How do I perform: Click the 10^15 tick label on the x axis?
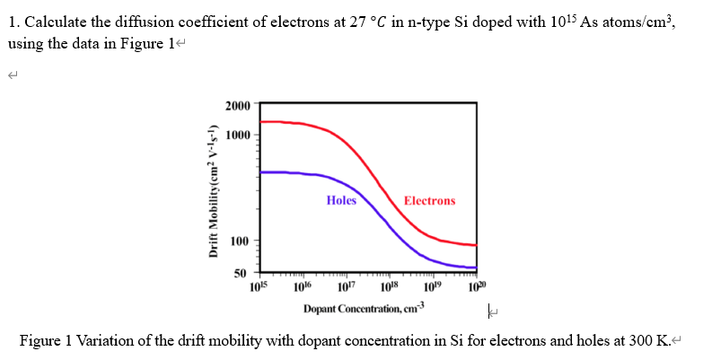tap(259, 285)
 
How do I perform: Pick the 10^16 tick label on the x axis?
tap(303, 285)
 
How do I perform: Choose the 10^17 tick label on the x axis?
tap(346, 285)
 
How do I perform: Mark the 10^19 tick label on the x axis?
tap(433, 285)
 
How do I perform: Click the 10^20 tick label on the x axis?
tap(476, 285)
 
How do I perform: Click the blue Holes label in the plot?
tap(341, 200)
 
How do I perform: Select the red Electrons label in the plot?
tap(429, 200)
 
